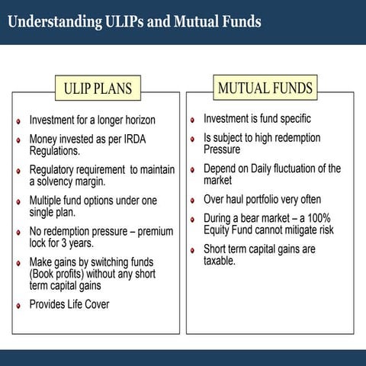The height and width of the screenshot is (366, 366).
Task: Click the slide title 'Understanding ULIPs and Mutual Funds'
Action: point(134,21)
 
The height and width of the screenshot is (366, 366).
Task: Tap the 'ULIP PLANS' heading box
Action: point(97,88)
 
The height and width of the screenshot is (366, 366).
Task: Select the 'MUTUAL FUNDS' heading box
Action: point(265,88)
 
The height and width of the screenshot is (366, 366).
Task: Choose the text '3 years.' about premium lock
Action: point(75,242)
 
